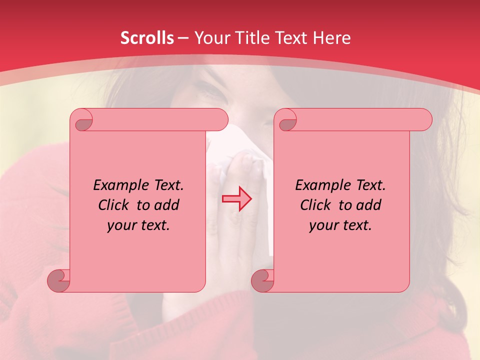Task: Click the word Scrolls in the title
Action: pos(147,37)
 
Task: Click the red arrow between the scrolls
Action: pos(237,198)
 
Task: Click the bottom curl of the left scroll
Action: pos(58,280)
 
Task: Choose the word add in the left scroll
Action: pos(166,205)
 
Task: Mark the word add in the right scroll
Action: pos(368,205)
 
